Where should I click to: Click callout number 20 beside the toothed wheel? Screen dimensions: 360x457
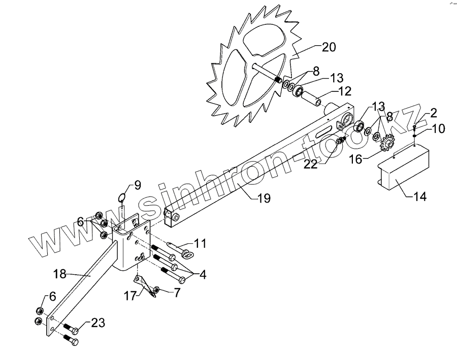click(329, 47)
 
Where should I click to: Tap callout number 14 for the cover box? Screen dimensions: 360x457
click(420, 195)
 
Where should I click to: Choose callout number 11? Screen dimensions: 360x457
click(200, 243)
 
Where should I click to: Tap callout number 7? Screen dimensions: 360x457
click(177, 293)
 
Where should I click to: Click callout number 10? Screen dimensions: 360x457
click(438, 128)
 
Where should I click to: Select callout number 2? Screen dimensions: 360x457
click(434, 112)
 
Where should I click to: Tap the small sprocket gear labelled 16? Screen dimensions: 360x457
click(388, 143)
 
